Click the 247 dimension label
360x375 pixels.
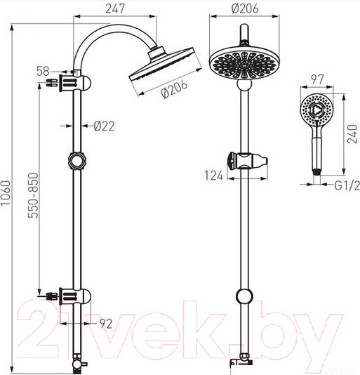pyautogui.click(x=115, y=8)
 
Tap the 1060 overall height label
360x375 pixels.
pyautogui.click(x=6, y=193)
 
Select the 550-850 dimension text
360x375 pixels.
pyautogui.click(x=33, y=195)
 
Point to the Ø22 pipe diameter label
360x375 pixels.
pyautogui.click(x=104, y=126)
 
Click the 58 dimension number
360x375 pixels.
pyautogui.click(x=43, y=71)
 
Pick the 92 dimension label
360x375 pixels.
pyautogui.click(x=106, y=324)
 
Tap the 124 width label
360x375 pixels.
pyautogui.click(x=214, y=176)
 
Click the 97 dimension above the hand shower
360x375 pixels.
pyautogui.click(x=317, y=79)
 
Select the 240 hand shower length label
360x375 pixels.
pyautogui.click(x=352, y=134)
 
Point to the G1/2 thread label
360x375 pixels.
pyautogui.click(x=347, y=185)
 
